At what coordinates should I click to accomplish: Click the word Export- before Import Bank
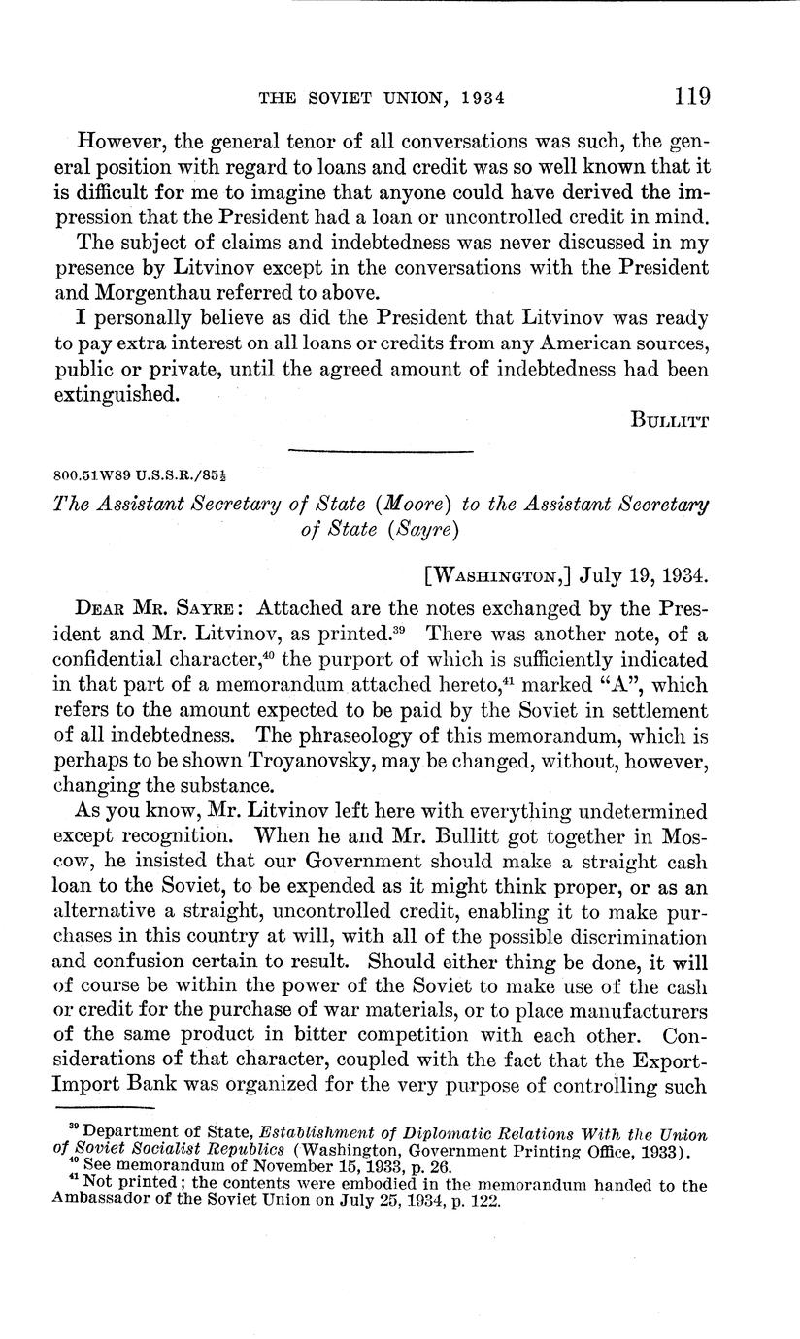pos(665,1057)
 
